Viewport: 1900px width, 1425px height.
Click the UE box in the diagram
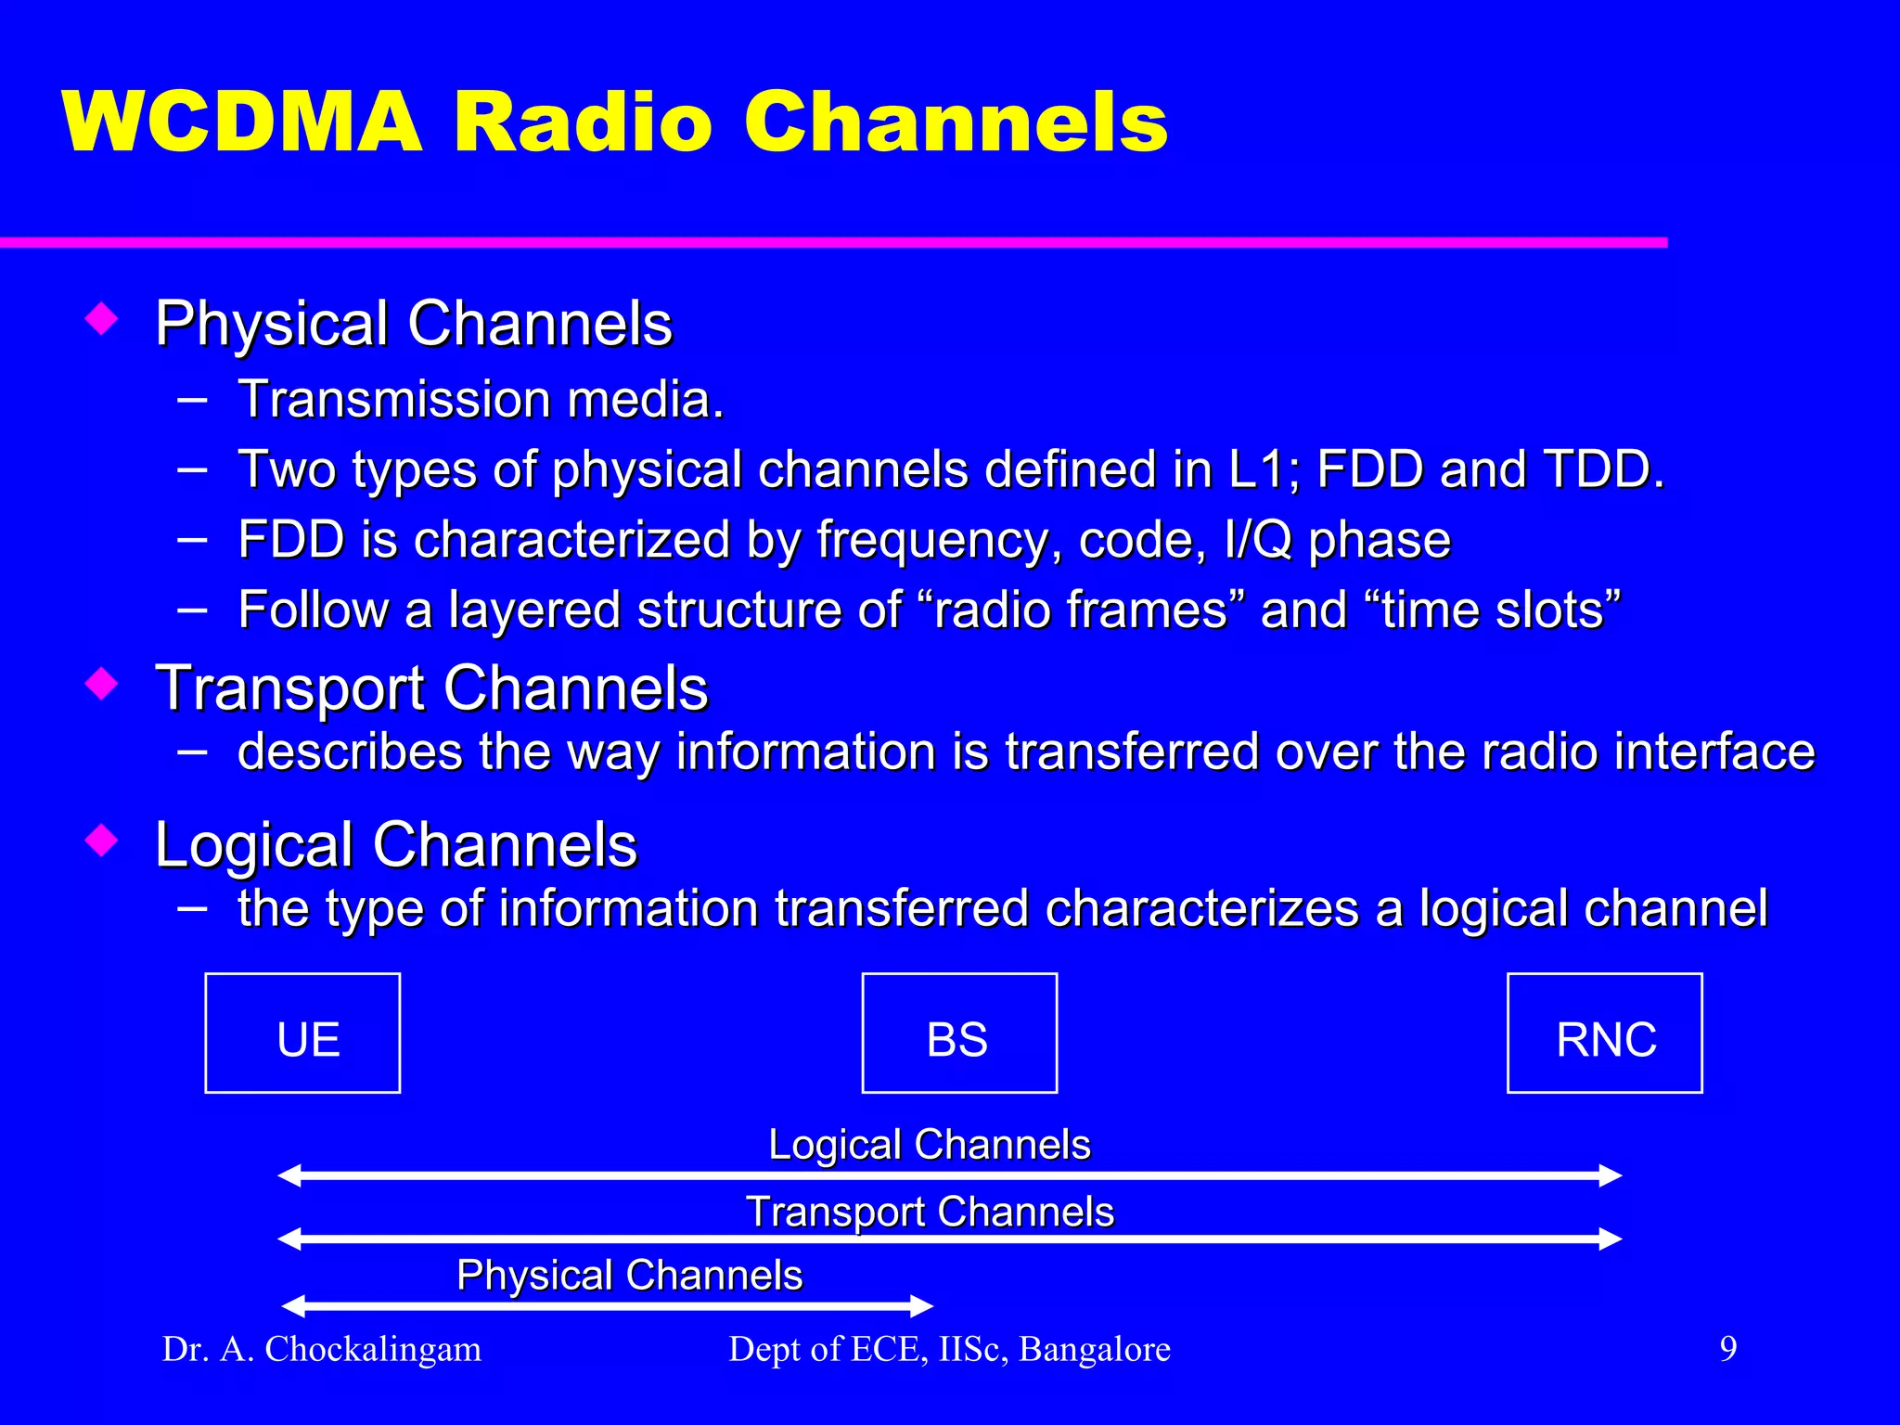tap(302, 1033)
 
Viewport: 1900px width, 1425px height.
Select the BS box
tap(959, 1033)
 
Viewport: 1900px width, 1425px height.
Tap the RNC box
tap(1604, 1033)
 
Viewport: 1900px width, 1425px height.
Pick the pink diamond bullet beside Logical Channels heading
tap(101, 840)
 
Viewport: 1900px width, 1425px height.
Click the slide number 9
tap(1727, 1348)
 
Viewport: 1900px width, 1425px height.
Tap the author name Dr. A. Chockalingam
tap(322, 1349)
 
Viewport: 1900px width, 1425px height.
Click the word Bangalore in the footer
tap(1095, 1349)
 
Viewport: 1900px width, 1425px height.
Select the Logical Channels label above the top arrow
tap(930, 1144)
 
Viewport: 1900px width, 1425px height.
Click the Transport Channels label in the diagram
tap(930, 1212)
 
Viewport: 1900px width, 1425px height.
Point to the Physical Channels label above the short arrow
tap(629, 1275)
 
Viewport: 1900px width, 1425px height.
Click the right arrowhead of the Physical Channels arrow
tap(922, 1306)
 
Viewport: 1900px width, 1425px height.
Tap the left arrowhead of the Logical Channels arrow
tap(289, 1175)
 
